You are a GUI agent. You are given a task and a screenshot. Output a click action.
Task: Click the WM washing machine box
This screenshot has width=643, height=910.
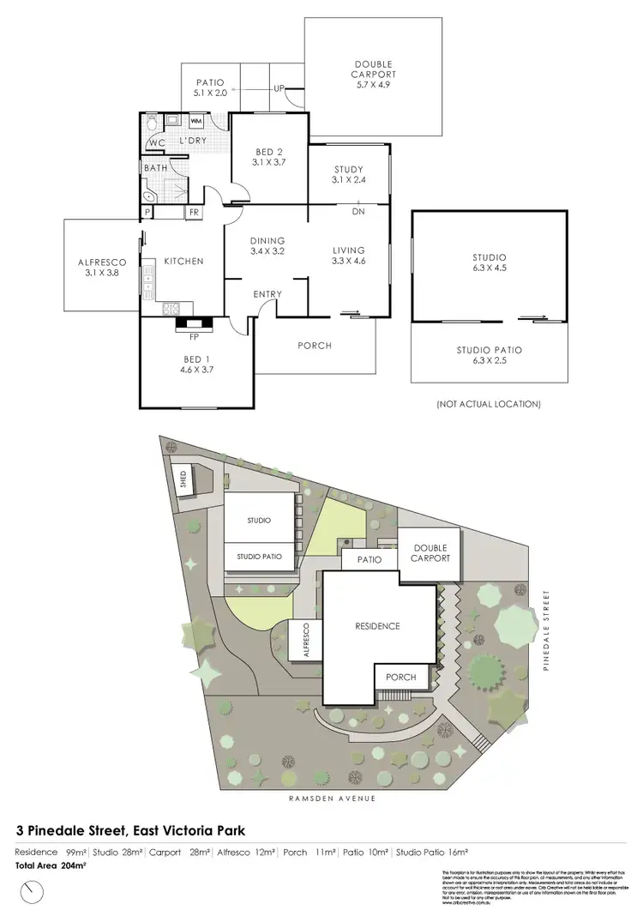point(195,122)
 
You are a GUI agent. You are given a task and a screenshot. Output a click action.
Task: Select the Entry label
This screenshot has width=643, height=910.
point(267,294)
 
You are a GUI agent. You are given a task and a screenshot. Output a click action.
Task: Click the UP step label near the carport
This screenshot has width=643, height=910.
point(279,88)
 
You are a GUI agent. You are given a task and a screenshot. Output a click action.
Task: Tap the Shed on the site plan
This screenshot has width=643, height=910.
point(183,479)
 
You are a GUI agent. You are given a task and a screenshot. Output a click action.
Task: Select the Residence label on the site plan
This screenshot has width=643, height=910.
point(377,626)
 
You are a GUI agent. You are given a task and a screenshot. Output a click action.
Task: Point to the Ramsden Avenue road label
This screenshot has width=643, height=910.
point(326,798)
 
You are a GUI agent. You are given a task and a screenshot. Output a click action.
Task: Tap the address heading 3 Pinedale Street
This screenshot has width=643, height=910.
point(131,830)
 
